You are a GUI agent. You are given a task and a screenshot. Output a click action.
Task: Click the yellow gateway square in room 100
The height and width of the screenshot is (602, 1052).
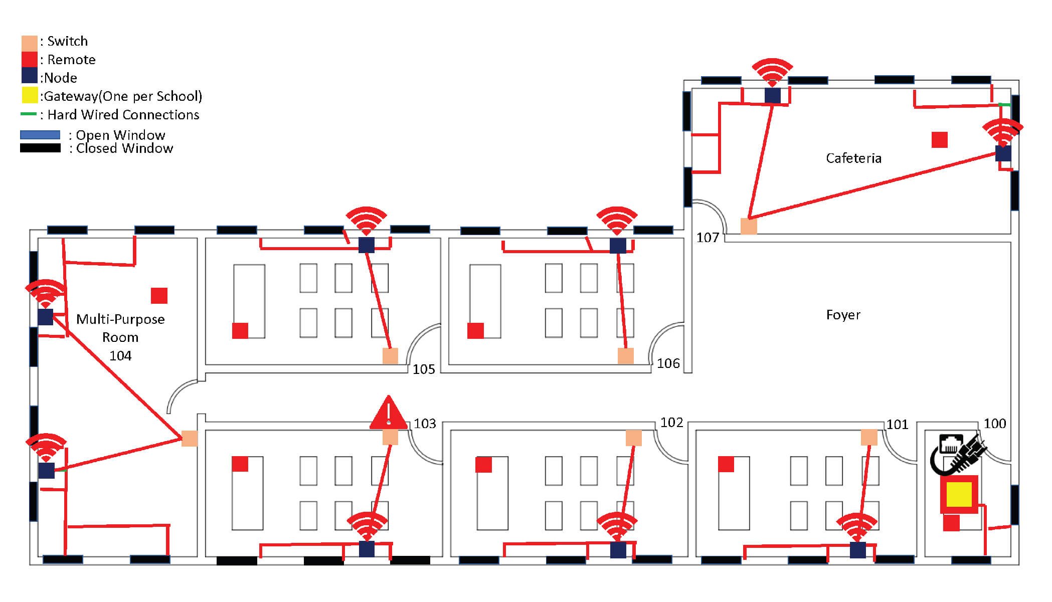click(959, 494)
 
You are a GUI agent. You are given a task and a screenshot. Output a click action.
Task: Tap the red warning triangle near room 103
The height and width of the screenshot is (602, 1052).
click(388, 414)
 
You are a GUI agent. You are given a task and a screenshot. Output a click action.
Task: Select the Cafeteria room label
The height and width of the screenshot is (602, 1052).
click(853, 158)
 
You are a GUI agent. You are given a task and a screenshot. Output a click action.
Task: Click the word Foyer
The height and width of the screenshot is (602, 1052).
click(843, 315)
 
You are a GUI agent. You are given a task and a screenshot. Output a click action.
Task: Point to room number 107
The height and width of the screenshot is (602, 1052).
click(708, 238)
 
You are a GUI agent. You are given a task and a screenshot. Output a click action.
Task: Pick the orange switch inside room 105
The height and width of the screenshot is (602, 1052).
click(390, 356)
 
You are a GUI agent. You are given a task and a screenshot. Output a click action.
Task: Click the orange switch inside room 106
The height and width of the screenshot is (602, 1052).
click(625, 356)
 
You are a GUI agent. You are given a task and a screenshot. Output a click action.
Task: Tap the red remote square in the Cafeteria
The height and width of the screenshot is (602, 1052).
click(939, 140)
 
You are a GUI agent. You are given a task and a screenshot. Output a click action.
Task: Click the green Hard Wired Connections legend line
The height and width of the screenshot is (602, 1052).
click(28, 114)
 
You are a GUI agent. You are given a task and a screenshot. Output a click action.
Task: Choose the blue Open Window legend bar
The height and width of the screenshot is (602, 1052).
click(40, 135)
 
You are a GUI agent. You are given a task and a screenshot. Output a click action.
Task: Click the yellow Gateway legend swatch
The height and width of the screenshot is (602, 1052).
click(30, 95)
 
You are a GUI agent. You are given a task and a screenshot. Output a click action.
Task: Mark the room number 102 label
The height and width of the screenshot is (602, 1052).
click(671, 423)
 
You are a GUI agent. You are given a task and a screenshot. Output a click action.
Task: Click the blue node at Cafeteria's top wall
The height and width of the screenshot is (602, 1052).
click(772, 95)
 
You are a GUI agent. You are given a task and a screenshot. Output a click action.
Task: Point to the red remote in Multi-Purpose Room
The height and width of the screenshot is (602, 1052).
click(159, 296)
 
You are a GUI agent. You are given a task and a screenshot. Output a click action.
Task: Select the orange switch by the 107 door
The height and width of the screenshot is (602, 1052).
click(748, 226)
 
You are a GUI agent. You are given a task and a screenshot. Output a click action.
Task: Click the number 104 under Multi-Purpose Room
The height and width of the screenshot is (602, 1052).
click(120, 356)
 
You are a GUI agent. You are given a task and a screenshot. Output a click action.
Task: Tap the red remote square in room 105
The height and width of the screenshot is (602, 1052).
click(240, 331)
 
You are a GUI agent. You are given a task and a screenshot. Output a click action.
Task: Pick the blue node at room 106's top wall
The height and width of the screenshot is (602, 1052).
click(618, 246)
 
